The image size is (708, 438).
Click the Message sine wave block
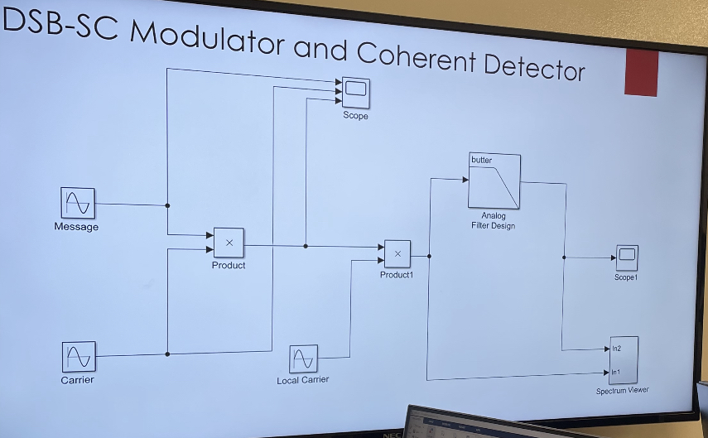point(77,203)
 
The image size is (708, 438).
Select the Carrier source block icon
point(78,357)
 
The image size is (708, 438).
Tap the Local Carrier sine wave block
point(303,359)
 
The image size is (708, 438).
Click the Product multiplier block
point(229,243)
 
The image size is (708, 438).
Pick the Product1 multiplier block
point(397,254)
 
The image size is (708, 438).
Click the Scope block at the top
point(356,94)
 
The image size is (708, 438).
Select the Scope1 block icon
point(627,258)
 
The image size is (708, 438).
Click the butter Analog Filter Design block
point(494,181)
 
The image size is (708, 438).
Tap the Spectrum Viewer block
point(623,360)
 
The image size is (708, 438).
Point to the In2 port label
point(616,349)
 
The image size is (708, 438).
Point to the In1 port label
point(616,373)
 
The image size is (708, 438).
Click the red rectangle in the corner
point(641,73)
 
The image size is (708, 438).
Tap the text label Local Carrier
point(302,380)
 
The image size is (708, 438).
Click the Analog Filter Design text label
point(493,221)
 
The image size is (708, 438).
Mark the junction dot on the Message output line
point(168,205)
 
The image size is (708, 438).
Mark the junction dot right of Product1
point(429,257)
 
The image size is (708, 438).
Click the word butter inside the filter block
point(481,160)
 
